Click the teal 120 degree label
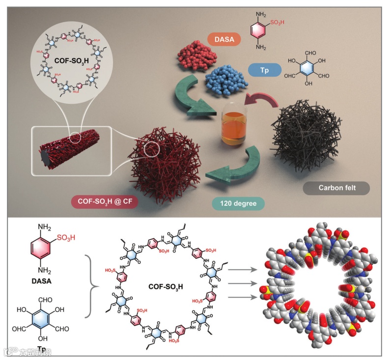[x=238, y=202]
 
